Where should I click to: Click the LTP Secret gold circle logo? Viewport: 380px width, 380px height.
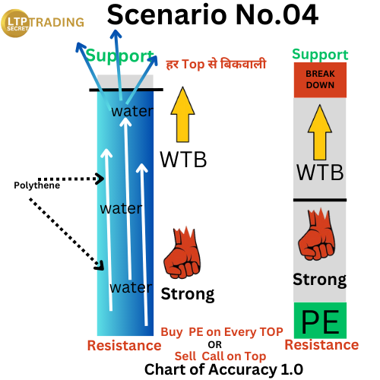pyautogui.click(x=15, y=24)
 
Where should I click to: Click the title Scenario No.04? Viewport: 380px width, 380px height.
pyautogui.click(x=213, y=14)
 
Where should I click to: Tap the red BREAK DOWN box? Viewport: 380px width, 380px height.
pyautogui.click(x=320, y=80)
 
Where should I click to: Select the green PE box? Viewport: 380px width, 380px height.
pyautogui.click(x=320, y=320)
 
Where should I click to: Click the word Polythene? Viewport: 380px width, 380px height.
pyautogui.click(x=37, y=185)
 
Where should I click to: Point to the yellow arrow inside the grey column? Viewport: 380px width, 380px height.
pyautogui.click(x=320, y=132)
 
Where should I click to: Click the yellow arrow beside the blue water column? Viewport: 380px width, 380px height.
pyautogui.click(x=182, y=115)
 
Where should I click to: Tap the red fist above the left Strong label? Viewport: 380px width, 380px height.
pyautogui.click(x=182, y=252)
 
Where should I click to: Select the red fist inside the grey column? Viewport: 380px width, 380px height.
pyautogui.click(x=317, y=234)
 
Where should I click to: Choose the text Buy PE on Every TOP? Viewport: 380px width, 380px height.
pyautogui.click(x=222, y=332)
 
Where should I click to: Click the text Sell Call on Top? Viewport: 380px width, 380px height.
pyautogui.click(x=220, y=356)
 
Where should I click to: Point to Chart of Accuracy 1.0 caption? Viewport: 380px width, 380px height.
pyautogui.click(x=223, y=369)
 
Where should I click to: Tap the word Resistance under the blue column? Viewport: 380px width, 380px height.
pyautogui.click(x=124, y=345)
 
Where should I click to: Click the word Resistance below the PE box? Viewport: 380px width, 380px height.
pyautogui.click(x=321, y=345)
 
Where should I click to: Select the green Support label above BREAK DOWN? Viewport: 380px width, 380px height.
pyautogui.click(x=320, y=54)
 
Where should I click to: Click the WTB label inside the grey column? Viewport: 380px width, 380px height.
pyautogui.click(x=320, y=173)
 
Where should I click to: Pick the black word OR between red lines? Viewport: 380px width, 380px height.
pyautogui.click(x=215, y=345)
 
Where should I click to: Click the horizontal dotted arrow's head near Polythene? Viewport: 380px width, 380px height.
pyautogui.click(x=100, y=179)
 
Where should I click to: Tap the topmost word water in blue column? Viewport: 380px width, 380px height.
pyautogui.click(x=132, y=111)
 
